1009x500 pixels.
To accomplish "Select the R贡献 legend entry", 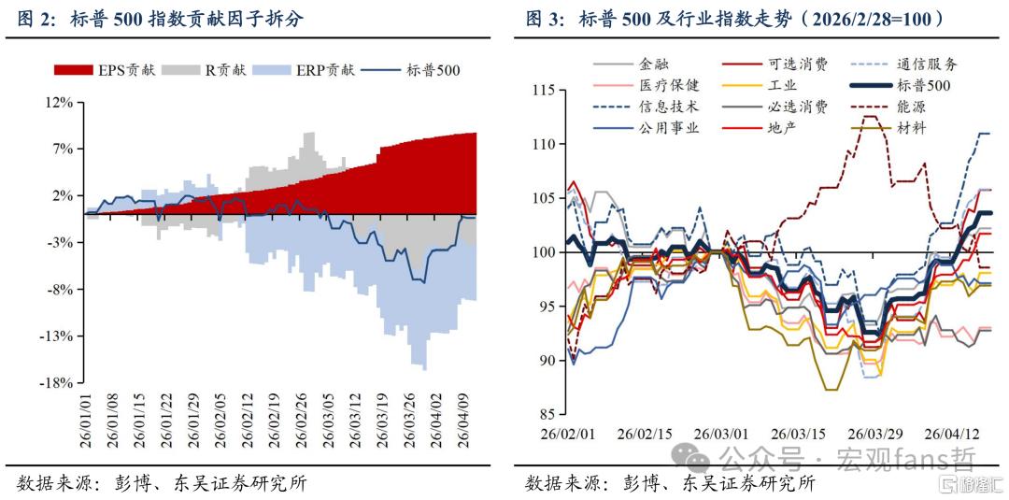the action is (204, 70).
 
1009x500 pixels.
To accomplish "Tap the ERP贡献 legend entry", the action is (304, 70).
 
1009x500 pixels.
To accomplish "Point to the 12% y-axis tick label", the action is (62, 102).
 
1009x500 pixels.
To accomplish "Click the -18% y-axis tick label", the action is (59, 383).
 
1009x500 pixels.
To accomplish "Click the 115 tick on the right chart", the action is (546, 91).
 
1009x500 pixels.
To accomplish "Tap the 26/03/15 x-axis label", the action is (797, 434).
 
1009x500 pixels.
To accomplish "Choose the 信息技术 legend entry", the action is (644, 107).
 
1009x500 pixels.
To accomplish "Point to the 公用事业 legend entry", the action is (644, 127).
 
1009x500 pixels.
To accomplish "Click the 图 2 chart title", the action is (160, 20).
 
